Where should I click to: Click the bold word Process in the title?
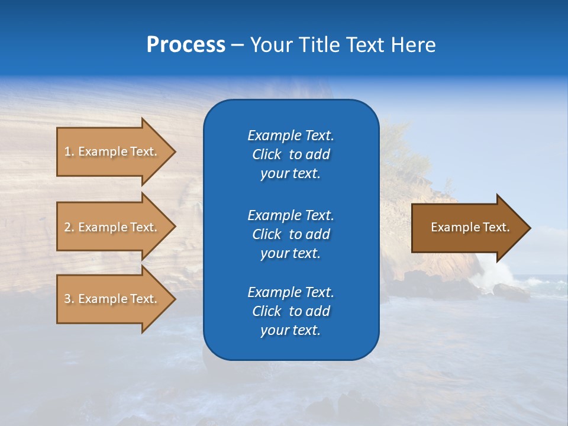click(186, 45)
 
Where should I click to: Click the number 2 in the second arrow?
click(67, 227)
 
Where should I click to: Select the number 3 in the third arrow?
click(67, 299)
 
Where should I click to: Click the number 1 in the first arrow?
click(67, 151)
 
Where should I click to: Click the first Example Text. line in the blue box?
click(291, 135)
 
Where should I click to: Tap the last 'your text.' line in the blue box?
click(291, 330)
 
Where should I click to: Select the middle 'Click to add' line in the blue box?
click(291, 234)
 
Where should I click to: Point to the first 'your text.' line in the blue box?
click(291, 173)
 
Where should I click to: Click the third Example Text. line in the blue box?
click(291, 292)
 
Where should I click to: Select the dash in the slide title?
click(237, 45)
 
